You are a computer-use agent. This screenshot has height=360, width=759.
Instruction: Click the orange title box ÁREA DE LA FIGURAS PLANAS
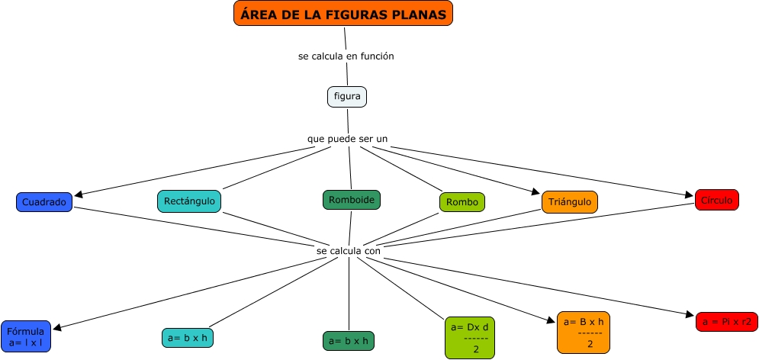pyautogui.click(x=343, y=13)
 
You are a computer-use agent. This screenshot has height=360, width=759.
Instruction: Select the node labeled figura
pyautogui.click(x=347, y=97)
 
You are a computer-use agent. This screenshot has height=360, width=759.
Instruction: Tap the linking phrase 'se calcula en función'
pyautogui.click(x=346, y=56)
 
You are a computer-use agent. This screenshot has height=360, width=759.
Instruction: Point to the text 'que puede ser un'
pyautogui.click(x=347, y=139)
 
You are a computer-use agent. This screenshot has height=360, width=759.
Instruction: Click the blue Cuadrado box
pyautogui.click(x=44, y=202)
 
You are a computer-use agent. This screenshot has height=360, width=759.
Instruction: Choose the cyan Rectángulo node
pyautogui.click(x=189, y=201)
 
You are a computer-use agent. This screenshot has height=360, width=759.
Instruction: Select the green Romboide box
pyautogui.click(x=351, y=200)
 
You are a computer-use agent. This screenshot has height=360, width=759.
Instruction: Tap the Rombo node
pyautogui.click(x=462, y=202)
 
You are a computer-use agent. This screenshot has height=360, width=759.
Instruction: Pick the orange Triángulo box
pyautogui.click(x=569, y=202)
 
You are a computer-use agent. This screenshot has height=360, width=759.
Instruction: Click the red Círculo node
pyautogui.click(x=716, y=200)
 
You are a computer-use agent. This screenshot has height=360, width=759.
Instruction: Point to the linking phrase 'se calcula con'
pyautogui.click(x=348, y=250)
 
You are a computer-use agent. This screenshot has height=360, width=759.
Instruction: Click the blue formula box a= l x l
pyautogui.click(x=26, y=336)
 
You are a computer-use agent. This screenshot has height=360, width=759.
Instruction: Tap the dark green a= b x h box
pyautogui.click(x=349, y=341)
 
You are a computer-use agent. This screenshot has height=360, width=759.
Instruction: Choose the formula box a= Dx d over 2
pyautogui.click(x=469, y=337)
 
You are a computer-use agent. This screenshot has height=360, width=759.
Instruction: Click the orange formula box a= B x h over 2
pyautogui.click(x=585, y=333)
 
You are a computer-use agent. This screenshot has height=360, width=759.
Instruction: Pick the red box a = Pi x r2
pyautogui.click(x=726, y=322)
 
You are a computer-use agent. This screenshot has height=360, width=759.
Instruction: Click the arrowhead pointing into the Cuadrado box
pyautogui.click(x=79, y=197)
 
